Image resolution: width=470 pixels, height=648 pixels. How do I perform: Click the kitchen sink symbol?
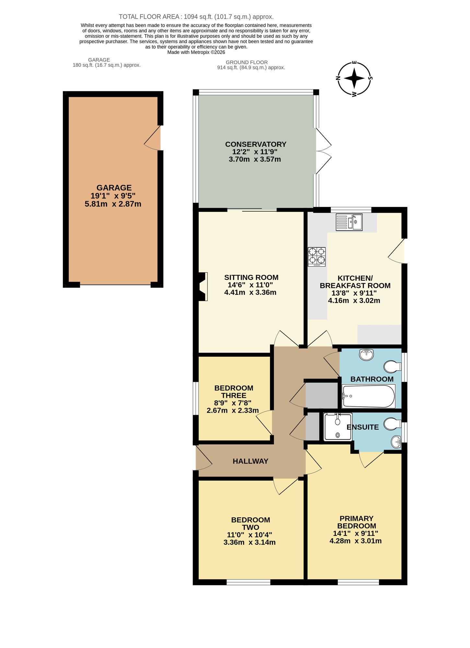[349, 222]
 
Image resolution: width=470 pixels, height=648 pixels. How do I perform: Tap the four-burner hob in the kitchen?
[317, 256]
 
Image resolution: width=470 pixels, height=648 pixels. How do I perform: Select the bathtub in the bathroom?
[369, 396]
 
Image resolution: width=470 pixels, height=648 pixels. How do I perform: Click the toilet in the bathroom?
[393, 367]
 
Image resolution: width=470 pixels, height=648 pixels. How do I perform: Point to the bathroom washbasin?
[366, 354]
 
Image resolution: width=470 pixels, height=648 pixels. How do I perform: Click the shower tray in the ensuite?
[338, 427]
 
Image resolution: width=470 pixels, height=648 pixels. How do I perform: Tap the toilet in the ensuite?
[393, 423]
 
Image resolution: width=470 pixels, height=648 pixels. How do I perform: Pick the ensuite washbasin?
[396, 442]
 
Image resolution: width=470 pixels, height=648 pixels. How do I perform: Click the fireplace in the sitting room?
[202, 287]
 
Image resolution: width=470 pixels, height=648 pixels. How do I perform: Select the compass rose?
[354, 78]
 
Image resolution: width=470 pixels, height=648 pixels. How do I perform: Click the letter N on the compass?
[338, 78]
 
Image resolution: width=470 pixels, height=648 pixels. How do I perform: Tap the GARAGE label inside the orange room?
[114, 188]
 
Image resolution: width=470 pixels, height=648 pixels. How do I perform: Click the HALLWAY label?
[250, 461]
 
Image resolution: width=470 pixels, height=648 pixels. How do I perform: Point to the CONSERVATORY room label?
[256, 144]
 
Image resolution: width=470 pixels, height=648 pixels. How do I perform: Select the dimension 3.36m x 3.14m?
[250, 542]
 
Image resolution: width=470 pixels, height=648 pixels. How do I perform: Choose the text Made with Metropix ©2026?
[196, 52]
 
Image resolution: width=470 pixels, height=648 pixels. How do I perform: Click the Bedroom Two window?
[248, 582]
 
